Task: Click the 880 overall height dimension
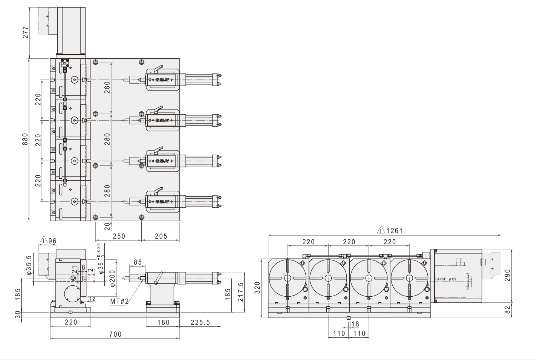(25, 140)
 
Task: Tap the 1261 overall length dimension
(394, 230)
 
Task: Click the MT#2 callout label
(120, 301)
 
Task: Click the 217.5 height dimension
(241, 292)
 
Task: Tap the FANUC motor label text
(445, 279)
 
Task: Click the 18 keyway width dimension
(355, 324)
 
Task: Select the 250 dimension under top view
(118, 236)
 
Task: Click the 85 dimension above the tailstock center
(138, 262)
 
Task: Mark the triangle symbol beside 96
(44, 240)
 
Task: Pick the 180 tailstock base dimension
(163, 322)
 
